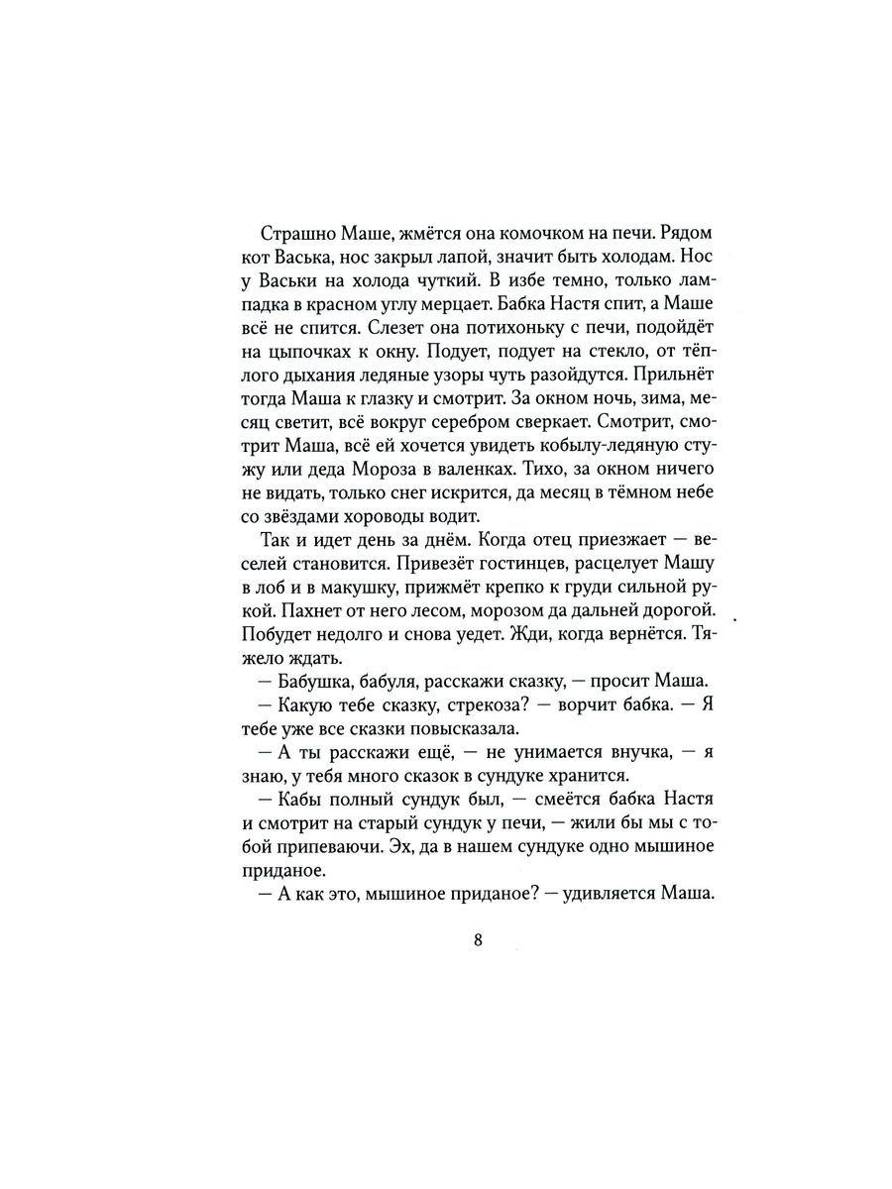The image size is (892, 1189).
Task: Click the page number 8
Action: [x=478, y=941]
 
